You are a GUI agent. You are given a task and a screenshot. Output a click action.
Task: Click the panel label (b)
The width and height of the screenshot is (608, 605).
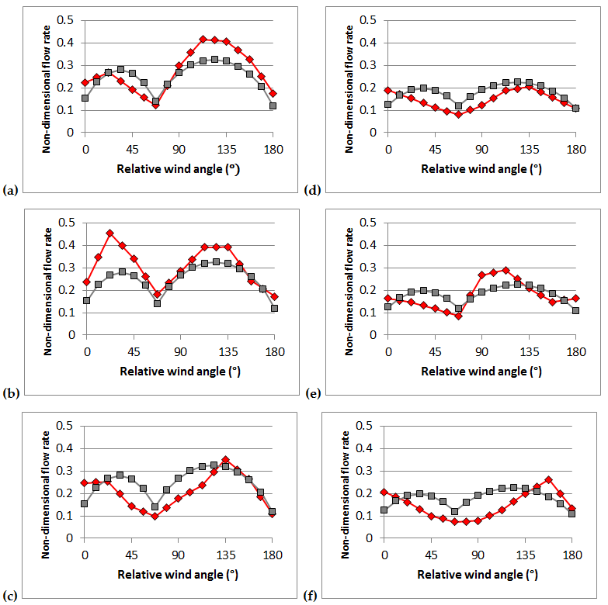[10, 393]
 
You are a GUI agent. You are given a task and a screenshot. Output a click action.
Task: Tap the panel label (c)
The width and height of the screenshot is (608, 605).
[10, 596]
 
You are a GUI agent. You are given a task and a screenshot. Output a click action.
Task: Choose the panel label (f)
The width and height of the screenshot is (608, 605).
[308, 596]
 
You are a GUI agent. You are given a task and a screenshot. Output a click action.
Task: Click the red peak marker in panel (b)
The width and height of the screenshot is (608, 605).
[109, 233]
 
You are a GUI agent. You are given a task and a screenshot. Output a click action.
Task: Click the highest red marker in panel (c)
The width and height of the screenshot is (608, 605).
[225, 459]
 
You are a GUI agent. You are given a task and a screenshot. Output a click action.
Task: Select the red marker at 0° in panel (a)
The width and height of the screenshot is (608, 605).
[85, 83]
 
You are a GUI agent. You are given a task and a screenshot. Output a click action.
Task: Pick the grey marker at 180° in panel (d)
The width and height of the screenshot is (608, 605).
[576, 109]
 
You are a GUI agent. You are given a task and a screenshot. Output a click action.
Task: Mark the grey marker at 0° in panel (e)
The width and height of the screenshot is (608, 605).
[388, 307]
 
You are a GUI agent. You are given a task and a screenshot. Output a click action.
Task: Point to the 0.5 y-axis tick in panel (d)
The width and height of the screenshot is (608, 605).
[368, 19]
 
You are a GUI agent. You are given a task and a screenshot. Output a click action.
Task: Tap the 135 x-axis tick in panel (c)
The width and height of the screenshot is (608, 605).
[225, 555]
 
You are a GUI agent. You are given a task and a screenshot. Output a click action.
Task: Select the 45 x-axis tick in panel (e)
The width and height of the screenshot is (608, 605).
[435, 351]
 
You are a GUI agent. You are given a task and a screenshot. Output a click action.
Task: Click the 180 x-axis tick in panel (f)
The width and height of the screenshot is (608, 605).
[572, 555]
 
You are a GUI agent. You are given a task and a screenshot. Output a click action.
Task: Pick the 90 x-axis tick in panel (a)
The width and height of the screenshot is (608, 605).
[179, 149]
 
